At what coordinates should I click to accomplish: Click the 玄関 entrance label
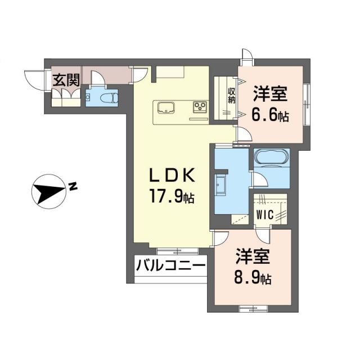[66, 80]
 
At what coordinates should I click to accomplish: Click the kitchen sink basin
[166, 106]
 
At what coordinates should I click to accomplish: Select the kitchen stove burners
[201, 106]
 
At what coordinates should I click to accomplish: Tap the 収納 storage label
[231, 96]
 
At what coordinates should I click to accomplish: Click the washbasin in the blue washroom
[220, 184]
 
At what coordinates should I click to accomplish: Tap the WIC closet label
[265, 214]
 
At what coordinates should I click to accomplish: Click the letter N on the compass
[73, 186]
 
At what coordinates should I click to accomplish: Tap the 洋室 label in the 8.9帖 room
[253, 256]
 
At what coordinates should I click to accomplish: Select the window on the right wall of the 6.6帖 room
[307, 104]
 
